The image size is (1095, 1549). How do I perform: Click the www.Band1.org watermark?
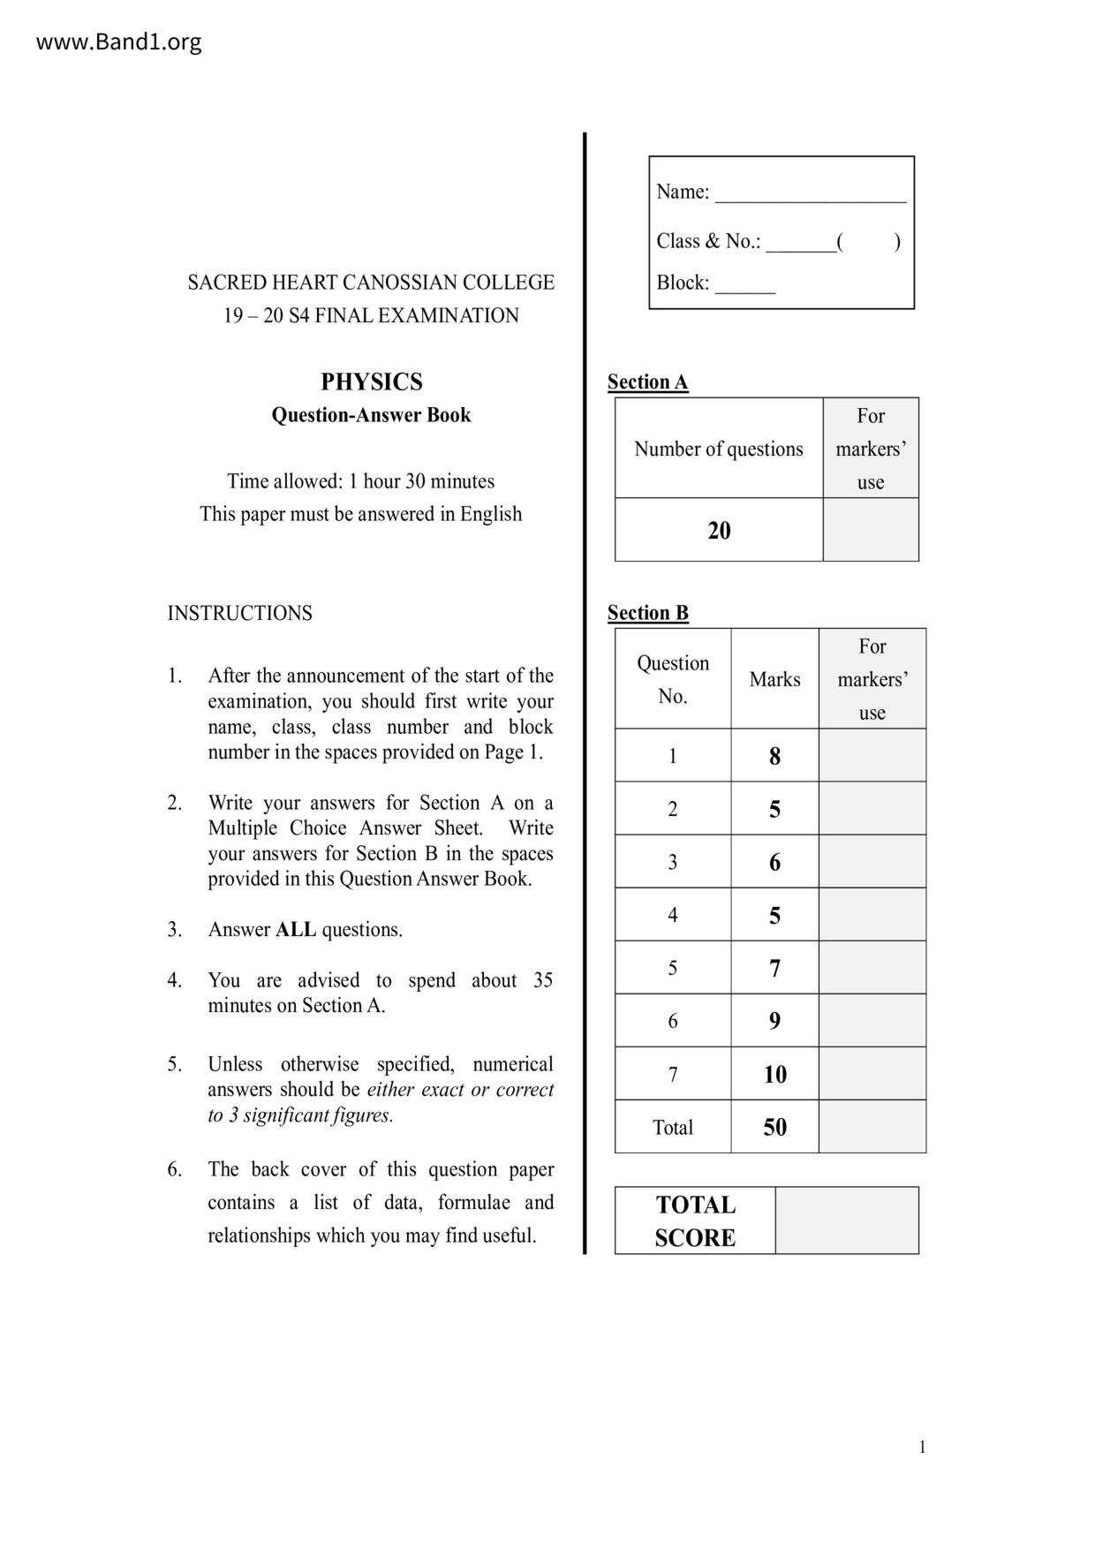(x=118, y=42)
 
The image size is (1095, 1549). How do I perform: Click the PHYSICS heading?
(x=371, y=382)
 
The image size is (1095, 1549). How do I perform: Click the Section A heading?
(x=647, y=382)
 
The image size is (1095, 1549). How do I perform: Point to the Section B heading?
(x=647, y=613)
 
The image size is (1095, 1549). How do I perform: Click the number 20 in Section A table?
(x=719, y=531)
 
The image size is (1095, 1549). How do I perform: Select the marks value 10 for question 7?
(x=774, y=1074)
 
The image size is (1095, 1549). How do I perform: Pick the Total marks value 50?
(x=774, y=1127)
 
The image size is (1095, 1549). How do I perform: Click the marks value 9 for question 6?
(x=774, y=1021)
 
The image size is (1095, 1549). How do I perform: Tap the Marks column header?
(x=774, y=679)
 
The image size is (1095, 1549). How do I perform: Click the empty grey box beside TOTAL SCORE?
(x=846, y=1220)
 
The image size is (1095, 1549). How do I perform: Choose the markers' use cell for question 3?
(x=872, y=862)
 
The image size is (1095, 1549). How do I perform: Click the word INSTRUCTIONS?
(x=239, y=614)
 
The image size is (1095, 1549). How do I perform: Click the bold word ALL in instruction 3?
(x=296, y=930)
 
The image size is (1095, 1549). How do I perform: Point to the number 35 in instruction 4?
(x=542, y=980)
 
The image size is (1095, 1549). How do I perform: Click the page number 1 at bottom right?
(x=922, y=1447)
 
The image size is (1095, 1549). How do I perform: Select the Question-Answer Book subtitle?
(x=371, y=415)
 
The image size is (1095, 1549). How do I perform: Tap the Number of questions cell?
(x=719, y=449)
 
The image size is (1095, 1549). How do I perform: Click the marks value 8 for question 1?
(x=774, y=756)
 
